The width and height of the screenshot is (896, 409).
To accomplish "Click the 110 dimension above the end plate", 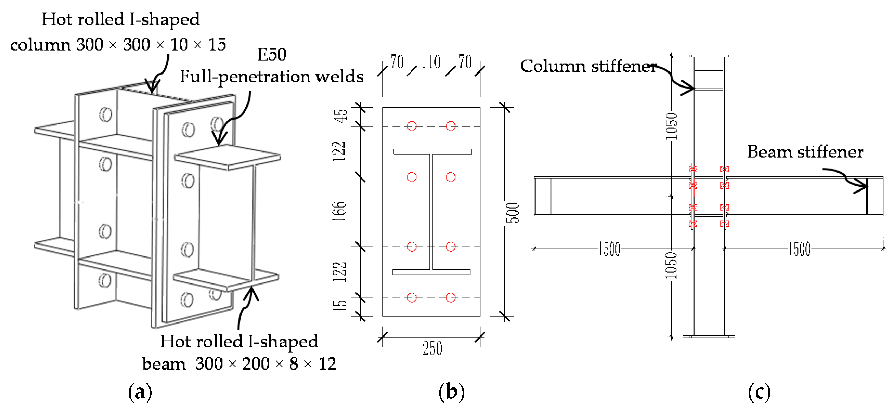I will [431, 63].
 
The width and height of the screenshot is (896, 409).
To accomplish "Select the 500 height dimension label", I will [512, 213].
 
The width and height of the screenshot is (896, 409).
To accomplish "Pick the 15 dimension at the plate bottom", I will [340, 306].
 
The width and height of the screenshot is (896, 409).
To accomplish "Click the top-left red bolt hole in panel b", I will [412, 126].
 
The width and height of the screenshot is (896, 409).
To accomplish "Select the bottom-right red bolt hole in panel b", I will [451, 298].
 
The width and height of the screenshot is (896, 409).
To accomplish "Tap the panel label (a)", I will [140, 392].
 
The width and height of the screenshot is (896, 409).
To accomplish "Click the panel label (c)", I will [759, 392].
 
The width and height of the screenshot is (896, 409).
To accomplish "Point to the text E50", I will [272, 55].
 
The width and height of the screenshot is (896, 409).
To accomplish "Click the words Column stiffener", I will [588, 66].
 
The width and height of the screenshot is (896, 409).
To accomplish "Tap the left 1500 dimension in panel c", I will [609, 249].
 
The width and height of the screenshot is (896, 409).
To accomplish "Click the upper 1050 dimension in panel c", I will [671, 126].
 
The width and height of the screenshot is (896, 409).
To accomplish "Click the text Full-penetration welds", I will [271, 76].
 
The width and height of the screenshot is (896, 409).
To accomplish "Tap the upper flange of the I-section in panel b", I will [432, 151].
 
